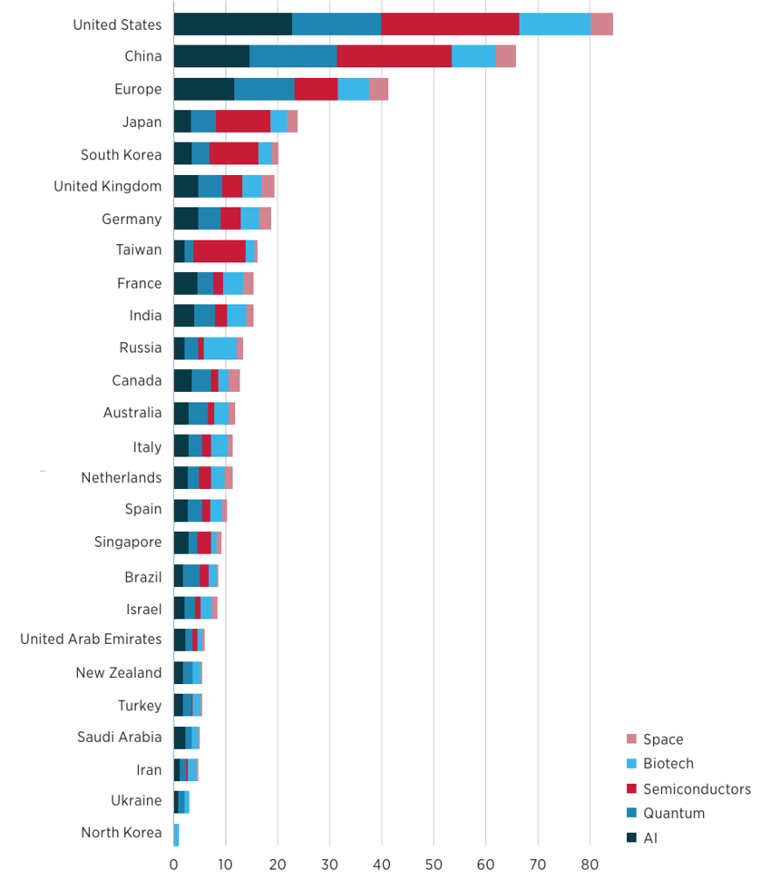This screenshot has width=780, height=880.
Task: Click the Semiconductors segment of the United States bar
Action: click(x=450, y=24)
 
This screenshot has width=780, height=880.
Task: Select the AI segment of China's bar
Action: click(x=211, y=56)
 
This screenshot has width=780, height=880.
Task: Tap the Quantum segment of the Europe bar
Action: click(x=264, y=89)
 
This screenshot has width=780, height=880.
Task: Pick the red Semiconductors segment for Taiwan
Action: click(x=219, y=251)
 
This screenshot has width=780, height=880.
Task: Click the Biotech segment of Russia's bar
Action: click(x=220, y=348)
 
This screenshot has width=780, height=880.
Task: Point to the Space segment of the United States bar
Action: click(x=601, y=24)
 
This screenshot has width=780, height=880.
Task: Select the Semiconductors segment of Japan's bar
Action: click(x=243, y=122)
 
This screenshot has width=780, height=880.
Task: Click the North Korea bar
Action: click(x=176, y=833)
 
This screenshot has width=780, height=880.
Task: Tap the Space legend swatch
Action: click(x=632, y=739)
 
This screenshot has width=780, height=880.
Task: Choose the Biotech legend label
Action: click(x=668, y=764)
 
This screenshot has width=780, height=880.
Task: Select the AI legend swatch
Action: click(x=632, y=838)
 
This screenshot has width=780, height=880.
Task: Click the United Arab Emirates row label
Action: click(x=91, y=640)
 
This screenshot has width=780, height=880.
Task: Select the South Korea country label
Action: click(x=121, y=154)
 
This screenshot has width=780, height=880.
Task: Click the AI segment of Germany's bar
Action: click(x=186, y=219)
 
